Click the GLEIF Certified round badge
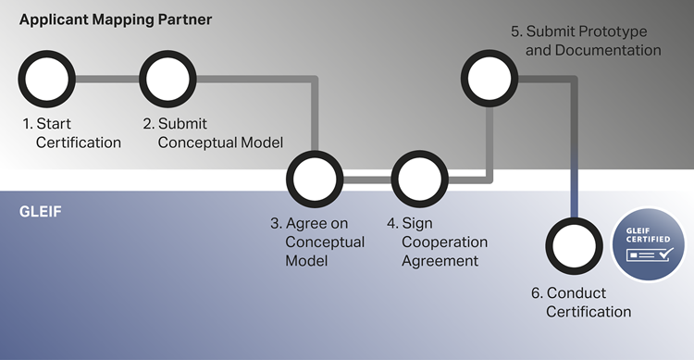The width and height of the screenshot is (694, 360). tap(649, 244)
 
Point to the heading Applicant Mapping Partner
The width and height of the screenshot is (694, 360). tap(116, 20)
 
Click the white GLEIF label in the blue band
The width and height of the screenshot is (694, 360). tap(41, 212)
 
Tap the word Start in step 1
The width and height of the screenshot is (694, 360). tap(54, 123)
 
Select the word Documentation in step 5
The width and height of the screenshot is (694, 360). tap(608, 50)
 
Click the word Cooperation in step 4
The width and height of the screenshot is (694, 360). tap(444, 242)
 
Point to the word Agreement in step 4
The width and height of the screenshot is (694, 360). tap(440, 261)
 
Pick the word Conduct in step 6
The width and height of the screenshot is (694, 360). tap(576, 293)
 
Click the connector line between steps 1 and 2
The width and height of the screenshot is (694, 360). tap(107, 80)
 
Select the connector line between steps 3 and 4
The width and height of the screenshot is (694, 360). tap(367, 180)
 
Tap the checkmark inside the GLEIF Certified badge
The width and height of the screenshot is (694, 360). tap(665, 254)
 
